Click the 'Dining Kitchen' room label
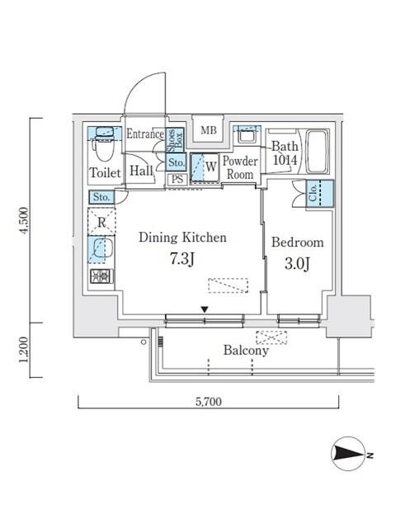pos(182,238)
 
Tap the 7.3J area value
pos(181,261)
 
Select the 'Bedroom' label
pos(297,243)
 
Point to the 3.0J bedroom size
pos(297,266)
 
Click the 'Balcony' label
pos(246,351)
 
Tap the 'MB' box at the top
pos(209,130)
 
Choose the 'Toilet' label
pos(105,173)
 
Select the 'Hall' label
pos(139,172)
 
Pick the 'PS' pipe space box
pos(177,179)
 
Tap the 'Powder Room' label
pos(241,167)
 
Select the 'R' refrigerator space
pos(101,222)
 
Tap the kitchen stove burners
pos(101,276)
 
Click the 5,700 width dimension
pos(208,403)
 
